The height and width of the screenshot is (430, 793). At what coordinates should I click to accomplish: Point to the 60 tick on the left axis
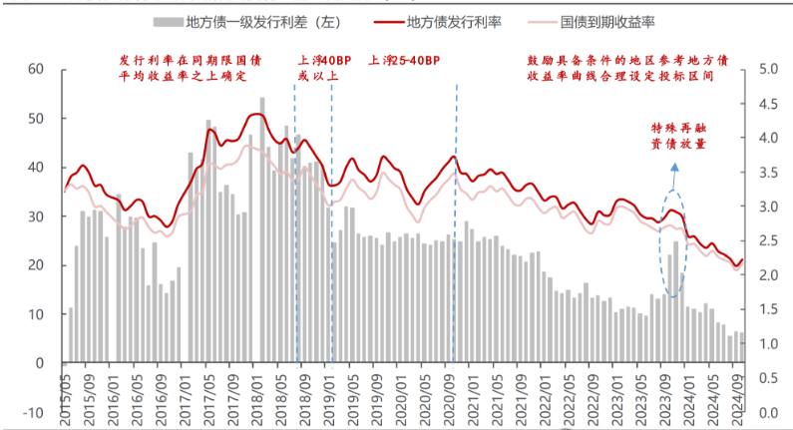click(38, 69)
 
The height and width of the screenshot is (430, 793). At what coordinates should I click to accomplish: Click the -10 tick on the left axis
click(35, 412)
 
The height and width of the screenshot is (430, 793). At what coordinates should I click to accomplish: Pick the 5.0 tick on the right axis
click(768, 69)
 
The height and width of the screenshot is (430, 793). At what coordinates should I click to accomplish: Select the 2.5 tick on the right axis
click(768, 240)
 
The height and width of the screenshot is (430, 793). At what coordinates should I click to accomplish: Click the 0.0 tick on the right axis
click(768, 412)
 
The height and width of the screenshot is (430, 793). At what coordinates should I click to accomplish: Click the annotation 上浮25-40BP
click(404, 61)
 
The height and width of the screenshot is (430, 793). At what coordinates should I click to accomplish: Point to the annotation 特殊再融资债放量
click(678, 137)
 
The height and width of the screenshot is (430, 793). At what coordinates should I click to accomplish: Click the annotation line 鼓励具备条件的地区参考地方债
click(627, 61)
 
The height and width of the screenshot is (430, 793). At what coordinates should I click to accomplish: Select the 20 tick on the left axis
click(38, 264)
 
